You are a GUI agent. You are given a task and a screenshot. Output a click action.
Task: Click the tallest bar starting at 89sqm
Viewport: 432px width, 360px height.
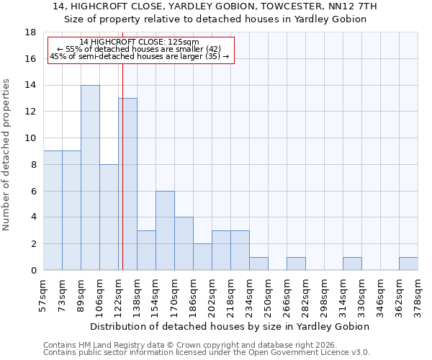[90, 178]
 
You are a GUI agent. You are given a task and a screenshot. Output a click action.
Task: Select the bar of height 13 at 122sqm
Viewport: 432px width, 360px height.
[127, 184]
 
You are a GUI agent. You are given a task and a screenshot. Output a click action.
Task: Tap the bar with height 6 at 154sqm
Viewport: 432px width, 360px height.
[165, 230]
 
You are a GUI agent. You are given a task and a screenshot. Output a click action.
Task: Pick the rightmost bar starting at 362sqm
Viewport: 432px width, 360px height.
[408, 264]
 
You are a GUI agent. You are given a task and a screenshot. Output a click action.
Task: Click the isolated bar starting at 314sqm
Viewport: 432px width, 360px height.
[352, 264]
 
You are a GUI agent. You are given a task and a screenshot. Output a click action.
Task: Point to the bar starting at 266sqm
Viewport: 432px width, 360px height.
[296, 264]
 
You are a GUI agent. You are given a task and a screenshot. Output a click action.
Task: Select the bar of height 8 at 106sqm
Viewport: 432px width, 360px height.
[109, 217]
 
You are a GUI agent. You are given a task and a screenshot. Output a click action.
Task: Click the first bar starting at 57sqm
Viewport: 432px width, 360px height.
[53, 210]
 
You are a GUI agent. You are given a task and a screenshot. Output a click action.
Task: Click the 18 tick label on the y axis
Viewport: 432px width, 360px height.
[30, 32]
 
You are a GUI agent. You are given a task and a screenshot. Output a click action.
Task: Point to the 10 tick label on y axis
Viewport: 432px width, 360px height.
[30, 138]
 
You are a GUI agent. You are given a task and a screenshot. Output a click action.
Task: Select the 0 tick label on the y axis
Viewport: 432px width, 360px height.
[33, 271]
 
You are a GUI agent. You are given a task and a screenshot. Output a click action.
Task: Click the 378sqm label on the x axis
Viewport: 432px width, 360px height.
[418, 296]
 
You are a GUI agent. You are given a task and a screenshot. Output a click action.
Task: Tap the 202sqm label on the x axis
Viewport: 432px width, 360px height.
[212, 296]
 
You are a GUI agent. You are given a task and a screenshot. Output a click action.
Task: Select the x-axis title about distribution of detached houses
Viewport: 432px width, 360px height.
[230, 326]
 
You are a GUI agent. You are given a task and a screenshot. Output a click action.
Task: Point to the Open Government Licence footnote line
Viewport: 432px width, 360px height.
[207, 353]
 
